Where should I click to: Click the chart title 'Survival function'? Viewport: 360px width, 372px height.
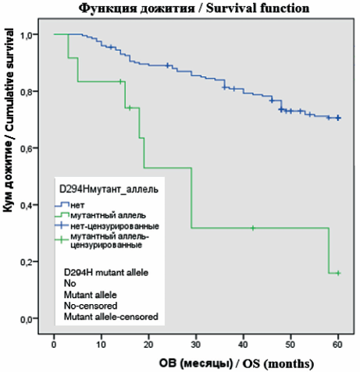258,8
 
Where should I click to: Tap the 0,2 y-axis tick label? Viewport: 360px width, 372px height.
27,262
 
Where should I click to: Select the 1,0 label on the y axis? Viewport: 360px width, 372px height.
27,34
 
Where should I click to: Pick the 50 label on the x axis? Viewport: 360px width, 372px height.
290,345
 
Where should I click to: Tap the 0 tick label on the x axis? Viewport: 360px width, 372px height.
54,345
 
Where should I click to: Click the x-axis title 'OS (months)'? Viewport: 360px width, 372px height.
278,363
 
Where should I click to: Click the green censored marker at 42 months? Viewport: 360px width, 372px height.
253,228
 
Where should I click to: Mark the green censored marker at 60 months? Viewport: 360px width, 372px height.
338,273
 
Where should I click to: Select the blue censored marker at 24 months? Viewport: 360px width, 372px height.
168,66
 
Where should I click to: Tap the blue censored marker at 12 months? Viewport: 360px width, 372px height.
111,47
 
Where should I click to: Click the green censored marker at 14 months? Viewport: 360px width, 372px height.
120,81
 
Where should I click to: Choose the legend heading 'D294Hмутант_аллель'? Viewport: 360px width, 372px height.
109,189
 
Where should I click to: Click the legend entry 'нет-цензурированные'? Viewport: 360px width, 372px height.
115,226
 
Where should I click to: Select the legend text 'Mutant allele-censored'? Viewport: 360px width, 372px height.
111,317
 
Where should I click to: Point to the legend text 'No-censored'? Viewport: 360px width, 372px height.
91,306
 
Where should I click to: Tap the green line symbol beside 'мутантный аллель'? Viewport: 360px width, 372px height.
62,215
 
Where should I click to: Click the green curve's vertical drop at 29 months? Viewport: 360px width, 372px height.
191,198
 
